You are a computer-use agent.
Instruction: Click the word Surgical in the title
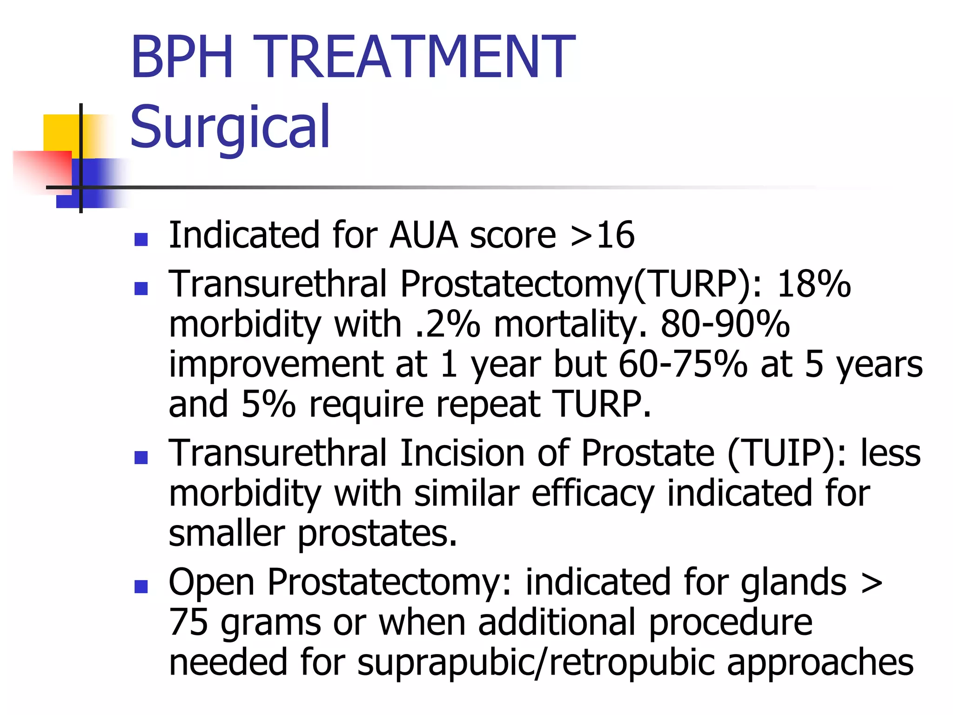click(x=230, y=127)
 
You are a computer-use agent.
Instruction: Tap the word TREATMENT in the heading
click(x=414, y=57)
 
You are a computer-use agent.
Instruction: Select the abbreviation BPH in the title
click(x=182, y=57)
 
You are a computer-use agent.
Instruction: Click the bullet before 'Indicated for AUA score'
click(x=141, y=239)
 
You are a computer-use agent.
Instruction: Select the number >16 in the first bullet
click(x=602, y=235)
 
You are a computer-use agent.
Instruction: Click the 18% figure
click(x=814, y=283)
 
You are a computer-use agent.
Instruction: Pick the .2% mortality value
click(x=447, y=324)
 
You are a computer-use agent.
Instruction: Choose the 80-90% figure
click(x=725, y=324)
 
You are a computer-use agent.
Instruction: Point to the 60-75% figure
click(x=683, y=364)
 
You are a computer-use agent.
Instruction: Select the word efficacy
click(x=593, y=493)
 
